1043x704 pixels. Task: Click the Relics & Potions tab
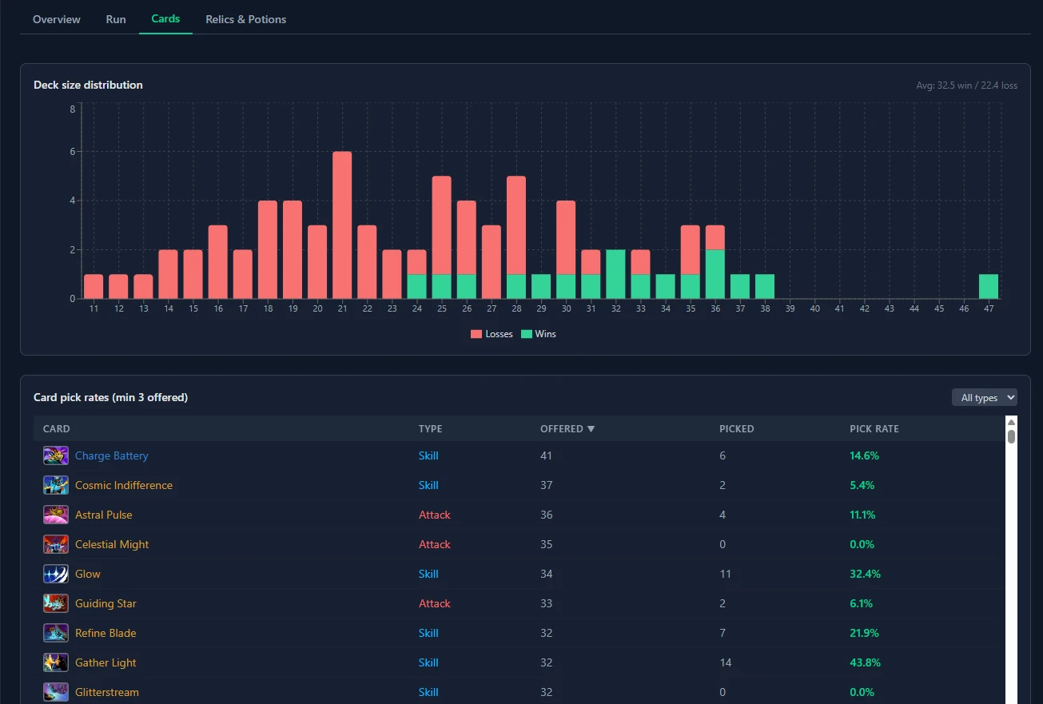click(245, 19)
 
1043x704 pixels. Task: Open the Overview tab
click(56, 19)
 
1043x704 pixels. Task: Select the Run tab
click(116, 19)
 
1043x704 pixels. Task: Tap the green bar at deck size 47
click(989, 286)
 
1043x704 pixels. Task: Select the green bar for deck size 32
click(615, 274)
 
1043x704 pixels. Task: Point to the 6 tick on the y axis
click(72, 152)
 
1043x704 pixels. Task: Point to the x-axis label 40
click(815, 308)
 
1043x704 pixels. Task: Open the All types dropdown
click(984, 397)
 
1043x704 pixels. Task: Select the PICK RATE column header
click(874, 429)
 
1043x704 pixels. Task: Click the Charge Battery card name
click(111, 455)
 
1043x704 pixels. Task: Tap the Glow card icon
click(55, 574)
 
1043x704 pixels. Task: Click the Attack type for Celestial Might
click(435, 544)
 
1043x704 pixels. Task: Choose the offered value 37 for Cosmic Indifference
click(547, 485)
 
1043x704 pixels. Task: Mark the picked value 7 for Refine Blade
click(723, 633)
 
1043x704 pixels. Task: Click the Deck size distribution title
click(88, 85)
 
